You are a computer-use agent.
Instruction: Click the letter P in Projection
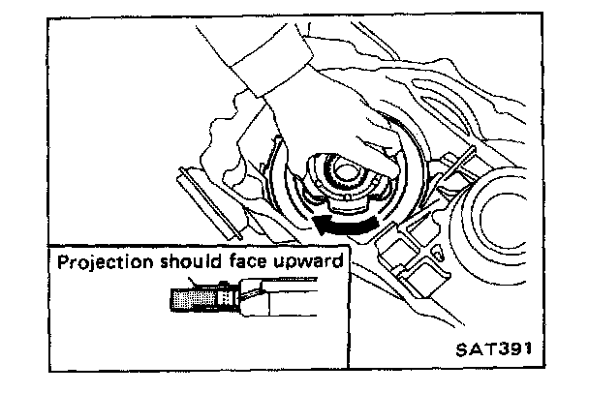[x=62, y=261]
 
